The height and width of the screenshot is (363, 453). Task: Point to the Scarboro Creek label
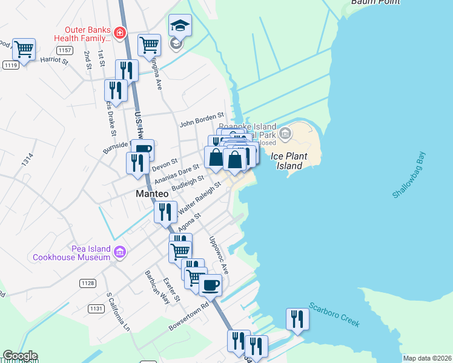point(334,315)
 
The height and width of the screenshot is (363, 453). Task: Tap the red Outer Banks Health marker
point(121,32)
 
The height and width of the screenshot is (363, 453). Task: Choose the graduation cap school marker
point(178,25)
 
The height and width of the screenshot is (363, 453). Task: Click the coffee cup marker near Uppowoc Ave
point(210,284)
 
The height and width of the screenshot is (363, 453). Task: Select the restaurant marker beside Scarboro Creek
point(297,318)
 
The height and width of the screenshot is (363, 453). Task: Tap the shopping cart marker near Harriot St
point(24,49)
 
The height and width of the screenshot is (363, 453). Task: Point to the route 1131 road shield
point(96,309)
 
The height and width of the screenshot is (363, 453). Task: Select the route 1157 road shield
point(65,50)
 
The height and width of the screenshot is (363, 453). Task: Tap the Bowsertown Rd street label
point(188,316)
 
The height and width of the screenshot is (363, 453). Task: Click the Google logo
point(20,356)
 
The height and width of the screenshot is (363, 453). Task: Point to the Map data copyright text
point(427,358)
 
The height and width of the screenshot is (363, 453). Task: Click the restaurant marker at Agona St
point(165,212)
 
